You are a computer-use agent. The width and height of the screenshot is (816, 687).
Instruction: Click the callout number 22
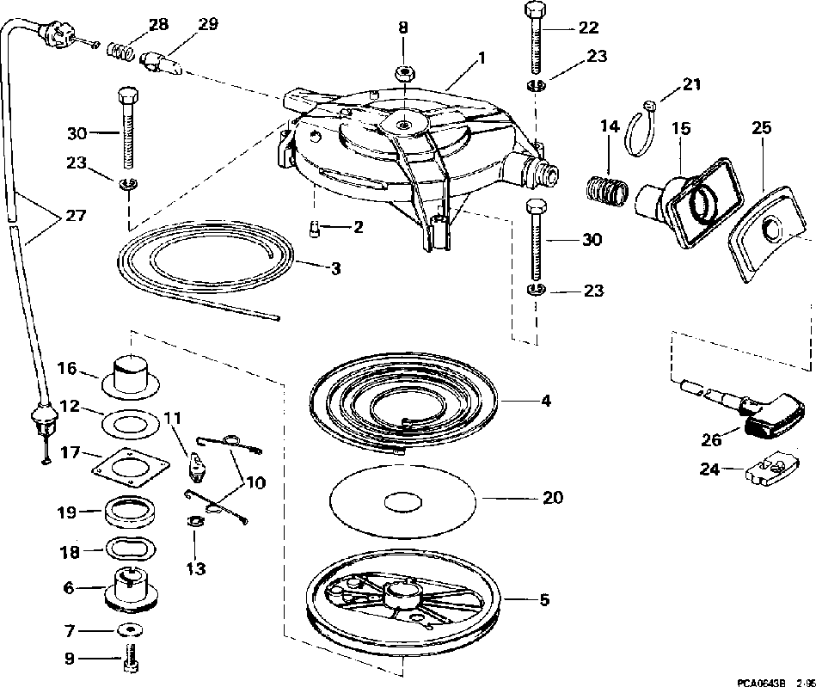point(587,28)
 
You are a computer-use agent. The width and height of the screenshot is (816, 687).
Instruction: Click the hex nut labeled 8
point(403,71)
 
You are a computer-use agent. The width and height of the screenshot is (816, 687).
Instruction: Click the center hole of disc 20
point(402,500)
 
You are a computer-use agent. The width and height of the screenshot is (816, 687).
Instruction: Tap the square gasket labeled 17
point(126,468)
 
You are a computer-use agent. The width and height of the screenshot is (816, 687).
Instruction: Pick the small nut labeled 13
point(195,520)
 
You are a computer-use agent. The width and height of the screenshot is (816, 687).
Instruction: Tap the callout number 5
point(543,599)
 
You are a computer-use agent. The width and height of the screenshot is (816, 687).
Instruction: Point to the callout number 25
point(760,128)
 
